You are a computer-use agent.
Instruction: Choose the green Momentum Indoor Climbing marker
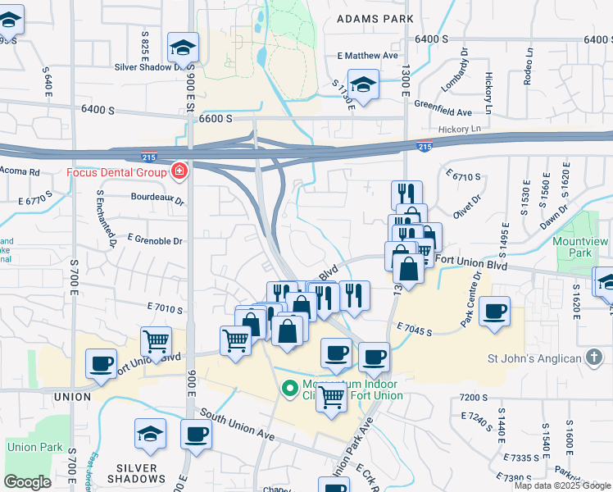288,389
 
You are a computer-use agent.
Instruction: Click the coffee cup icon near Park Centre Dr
495,312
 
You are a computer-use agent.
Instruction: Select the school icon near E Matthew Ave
362,84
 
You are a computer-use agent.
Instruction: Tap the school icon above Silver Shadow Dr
183,48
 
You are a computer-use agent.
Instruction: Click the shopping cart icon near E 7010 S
156,340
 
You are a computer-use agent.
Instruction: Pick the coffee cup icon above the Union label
101,363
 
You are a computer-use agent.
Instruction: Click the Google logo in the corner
27,482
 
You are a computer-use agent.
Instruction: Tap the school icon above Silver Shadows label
151,434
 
